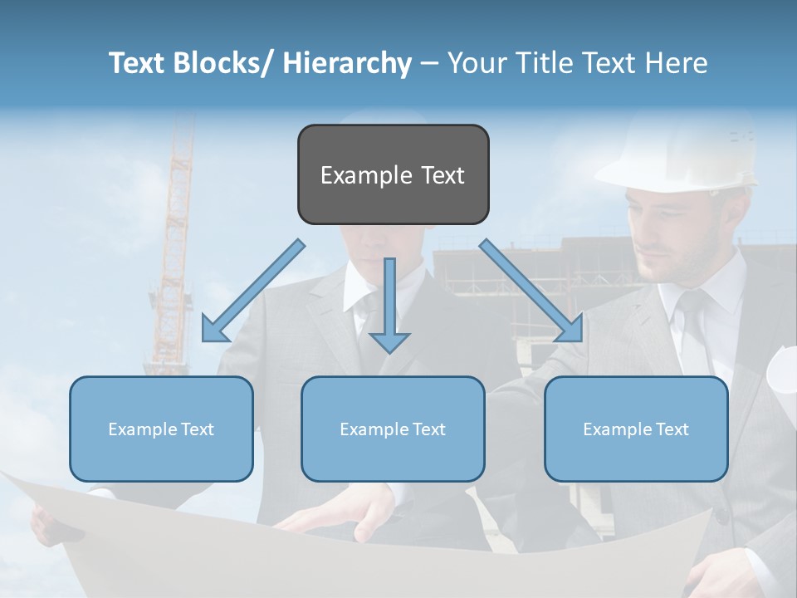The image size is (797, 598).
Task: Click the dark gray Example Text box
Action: [393, 174]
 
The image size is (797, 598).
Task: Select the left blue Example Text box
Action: [161, 429]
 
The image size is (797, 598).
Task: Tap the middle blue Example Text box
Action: [393, 429]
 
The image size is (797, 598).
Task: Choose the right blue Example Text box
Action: [636, 429]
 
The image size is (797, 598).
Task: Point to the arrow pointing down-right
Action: [531, 291]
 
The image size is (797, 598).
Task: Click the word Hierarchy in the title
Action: [347, 63]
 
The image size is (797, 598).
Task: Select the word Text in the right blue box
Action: [671, 429]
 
